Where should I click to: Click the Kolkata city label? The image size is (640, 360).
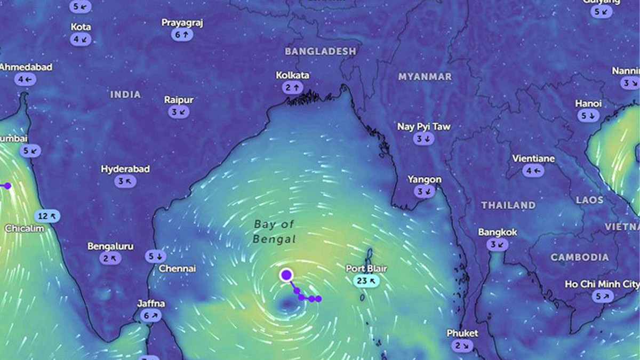[x=292, y=76]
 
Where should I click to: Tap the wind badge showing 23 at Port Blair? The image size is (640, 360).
[x=366, y=281]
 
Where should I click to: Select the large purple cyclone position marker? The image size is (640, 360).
[x=286, y=275]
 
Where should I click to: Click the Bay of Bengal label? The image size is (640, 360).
[x=274, y=232]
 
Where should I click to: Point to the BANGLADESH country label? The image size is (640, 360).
[x=320, y=51]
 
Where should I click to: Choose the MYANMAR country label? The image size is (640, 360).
[x=425, y=77]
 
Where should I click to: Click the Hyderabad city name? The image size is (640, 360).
[x=125, y=169]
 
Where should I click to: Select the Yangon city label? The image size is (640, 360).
[x=425, y=179]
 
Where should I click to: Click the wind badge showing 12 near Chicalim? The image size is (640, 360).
[x=47, y=216]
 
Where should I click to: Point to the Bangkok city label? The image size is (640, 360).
[x=497, y=233]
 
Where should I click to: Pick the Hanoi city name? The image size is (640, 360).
[x=588, y=103]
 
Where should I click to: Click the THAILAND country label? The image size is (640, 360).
[x=508, y=205]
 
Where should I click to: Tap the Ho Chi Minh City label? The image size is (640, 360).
[x=602, y=284]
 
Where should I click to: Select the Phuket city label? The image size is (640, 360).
[x=462, y=333]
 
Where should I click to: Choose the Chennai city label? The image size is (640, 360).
[x=177, y=269]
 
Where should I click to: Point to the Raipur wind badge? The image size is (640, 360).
[x=179, y=112]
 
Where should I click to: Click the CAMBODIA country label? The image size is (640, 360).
[x=579, y=257]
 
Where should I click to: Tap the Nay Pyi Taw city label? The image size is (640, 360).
[x=424, y=127]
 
